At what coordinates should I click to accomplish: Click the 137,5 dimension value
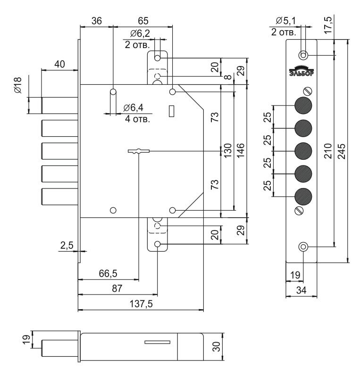[141, 304]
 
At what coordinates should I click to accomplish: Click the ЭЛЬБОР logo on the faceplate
[302, 71]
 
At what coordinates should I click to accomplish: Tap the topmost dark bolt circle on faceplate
[303, 105]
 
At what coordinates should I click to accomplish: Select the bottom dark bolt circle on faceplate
[303, 197]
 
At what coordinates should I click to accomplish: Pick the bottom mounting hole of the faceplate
[303, 247]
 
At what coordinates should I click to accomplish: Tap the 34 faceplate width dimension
[301, 290]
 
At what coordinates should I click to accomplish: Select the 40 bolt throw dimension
[59, 64]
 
